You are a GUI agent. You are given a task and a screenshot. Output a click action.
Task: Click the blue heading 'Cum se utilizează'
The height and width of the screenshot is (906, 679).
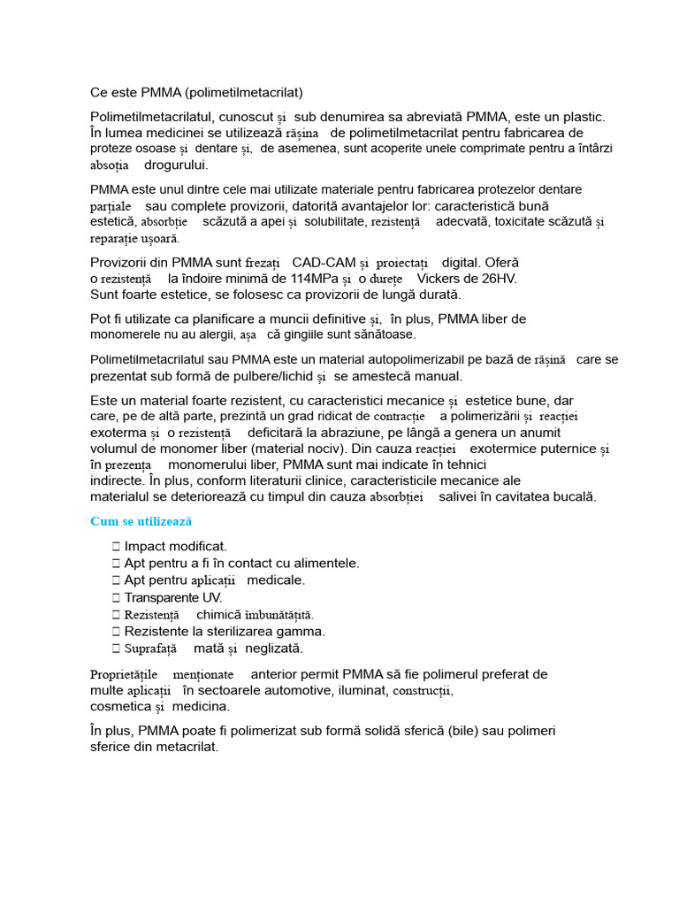pos(141,522)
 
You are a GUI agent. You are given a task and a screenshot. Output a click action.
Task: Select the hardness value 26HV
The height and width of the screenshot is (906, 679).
pos(498,279)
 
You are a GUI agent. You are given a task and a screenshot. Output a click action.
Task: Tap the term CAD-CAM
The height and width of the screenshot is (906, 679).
pos(324,263)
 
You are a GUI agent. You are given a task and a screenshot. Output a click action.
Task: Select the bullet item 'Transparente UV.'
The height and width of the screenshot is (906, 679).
pos(173,597)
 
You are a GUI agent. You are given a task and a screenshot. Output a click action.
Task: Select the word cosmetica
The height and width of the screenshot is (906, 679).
pos(121,707)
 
